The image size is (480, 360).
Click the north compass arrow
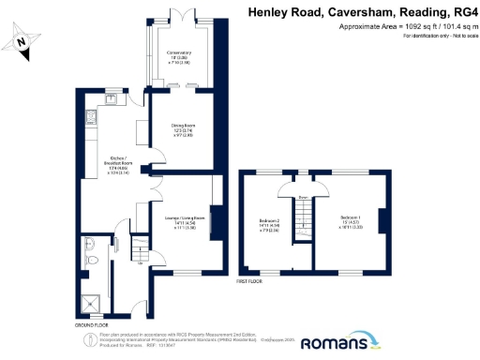pyautogui.click(x=23, y=40)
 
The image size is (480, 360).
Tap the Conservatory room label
pyautogui.click(x=179, y=57)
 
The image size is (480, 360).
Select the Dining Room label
pyautogui.click(x=183, y=129)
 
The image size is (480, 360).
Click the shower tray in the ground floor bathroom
pyautogui.click(x=91, y=301)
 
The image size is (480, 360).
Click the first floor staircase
pyautogui.click(x=304, y=221)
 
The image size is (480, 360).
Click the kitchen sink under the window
pyautogui.click(x=113, y=95)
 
